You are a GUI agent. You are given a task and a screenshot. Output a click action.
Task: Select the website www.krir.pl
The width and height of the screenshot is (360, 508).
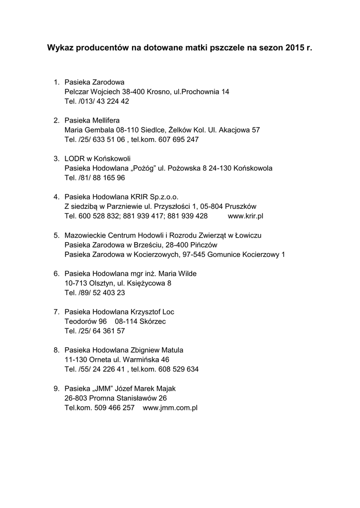(x=245, y=216)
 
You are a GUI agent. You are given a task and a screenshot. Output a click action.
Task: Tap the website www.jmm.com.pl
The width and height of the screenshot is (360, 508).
(x=170, y=407)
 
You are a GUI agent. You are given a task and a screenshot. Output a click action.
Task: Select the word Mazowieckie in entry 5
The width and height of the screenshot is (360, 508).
(x=86, y=235)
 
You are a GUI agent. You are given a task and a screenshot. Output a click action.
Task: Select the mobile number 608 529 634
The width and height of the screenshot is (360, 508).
(x=181, y=369)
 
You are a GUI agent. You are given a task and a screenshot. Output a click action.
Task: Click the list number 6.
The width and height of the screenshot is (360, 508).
(x=56, y=273)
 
